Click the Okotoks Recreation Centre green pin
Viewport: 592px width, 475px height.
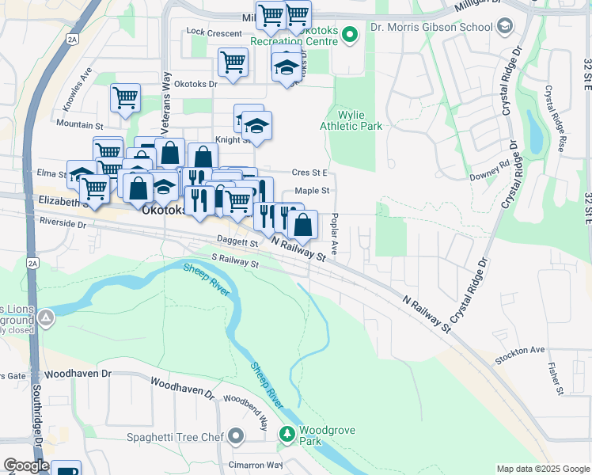pyautogui.click(x=351, y=34)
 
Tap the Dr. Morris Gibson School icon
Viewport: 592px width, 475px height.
pyautogui.click(x=503, y=26)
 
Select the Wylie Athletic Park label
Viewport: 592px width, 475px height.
pyautogui.click(x=351, y=120)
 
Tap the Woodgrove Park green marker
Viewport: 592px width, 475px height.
pyautogui.click(x=287, y=434)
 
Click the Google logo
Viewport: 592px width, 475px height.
pyautogui.click(x=25, y=465)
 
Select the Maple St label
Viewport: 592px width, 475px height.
pyautogui.click(x=311, y=191)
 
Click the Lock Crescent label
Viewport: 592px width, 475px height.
pyautogui.click(x=214, y=32)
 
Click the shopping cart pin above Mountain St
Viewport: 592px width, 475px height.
pyautogui.click(x=125, y=98)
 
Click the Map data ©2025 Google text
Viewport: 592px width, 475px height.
pyautogui.click(x=543, y=469)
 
